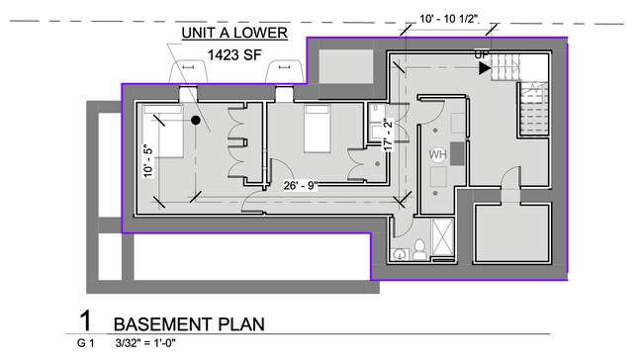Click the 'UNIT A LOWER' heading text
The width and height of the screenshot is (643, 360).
[233, 33]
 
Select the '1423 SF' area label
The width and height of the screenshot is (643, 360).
[234, 56]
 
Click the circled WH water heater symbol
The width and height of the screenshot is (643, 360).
[438, 155]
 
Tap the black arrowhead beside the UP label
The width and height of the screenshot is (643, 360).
[485, 68]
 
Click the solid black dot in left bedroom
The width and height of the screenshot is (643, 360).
[196, 121]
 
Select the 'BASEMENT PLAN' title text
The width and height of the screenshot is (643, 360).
[188, 324]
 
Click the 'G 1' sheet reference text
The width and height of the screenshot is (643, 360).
[85, 344]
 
